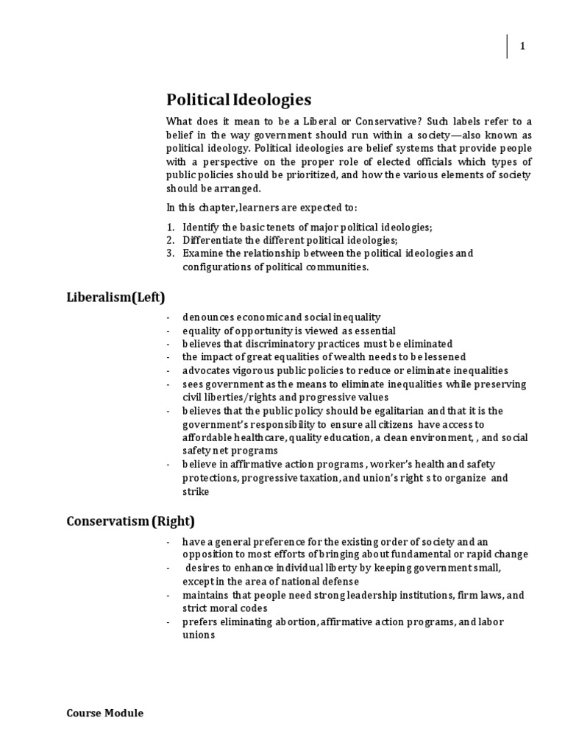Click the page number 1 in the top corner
[522, 46]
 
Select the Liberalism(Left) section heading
[116, 297]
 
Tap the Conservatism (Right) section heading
[131, 521]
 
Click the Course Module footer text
[105, 713]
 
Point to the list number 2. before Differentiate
[170, 240]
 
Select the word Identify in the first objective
[201, 227]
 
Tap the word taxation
[338, 478]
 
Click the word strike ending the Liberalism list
[196, 491]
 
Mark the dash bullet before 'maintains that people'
[169, 595]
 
